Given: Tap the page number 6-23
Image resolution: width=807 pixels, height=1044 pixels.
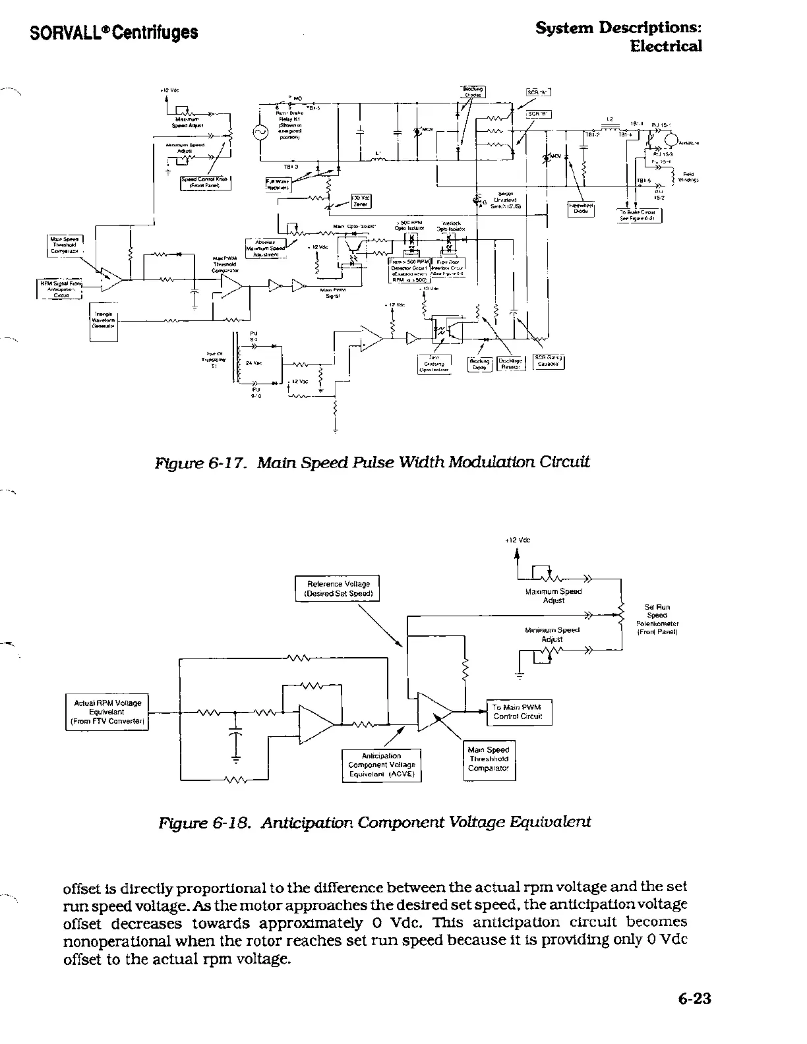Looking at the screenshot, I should [694, 998].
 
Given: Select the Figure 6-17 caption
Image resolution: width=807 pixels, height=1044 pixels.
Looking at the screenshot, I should [371, 461].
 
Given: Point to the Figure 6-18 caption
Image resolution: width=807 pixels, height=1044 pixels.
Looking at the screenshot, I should [374, 822].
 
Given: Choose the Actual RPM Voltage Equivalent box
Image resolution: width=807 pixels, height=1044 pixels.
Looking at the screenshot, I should [107, 712].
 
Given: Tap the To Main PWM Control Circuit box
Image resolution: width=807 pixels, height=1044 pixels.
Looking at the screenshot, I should [518, 712].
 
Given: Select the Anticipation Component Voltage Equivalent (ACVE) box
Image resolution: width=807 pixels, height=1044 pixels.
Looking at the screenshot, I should [381, 765].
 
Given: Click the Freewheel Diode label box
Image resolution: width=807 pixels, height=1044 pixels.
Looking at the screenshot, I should [581, 208].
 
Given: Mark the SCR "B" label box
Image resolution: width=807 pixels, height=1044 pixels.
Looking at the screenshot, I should [539, 114].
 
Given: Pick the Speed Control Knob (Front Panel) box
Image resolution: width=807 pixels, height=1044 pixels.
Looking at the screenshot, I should [205, 182].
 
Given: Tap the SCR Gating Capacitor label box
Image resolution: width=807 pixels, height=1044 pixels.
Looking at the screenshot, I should [548, 362].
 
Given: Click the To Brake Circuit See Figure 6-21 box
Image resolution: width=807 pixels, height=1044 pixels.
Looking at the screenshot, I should [639, 216].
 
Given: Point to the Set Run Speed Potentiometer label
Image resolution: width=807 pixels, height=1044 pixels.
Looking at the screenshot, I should [657, 620].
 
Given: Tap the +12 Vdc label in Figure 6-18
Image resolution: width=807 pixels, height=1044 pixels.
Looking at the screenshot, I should [518, 540].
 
